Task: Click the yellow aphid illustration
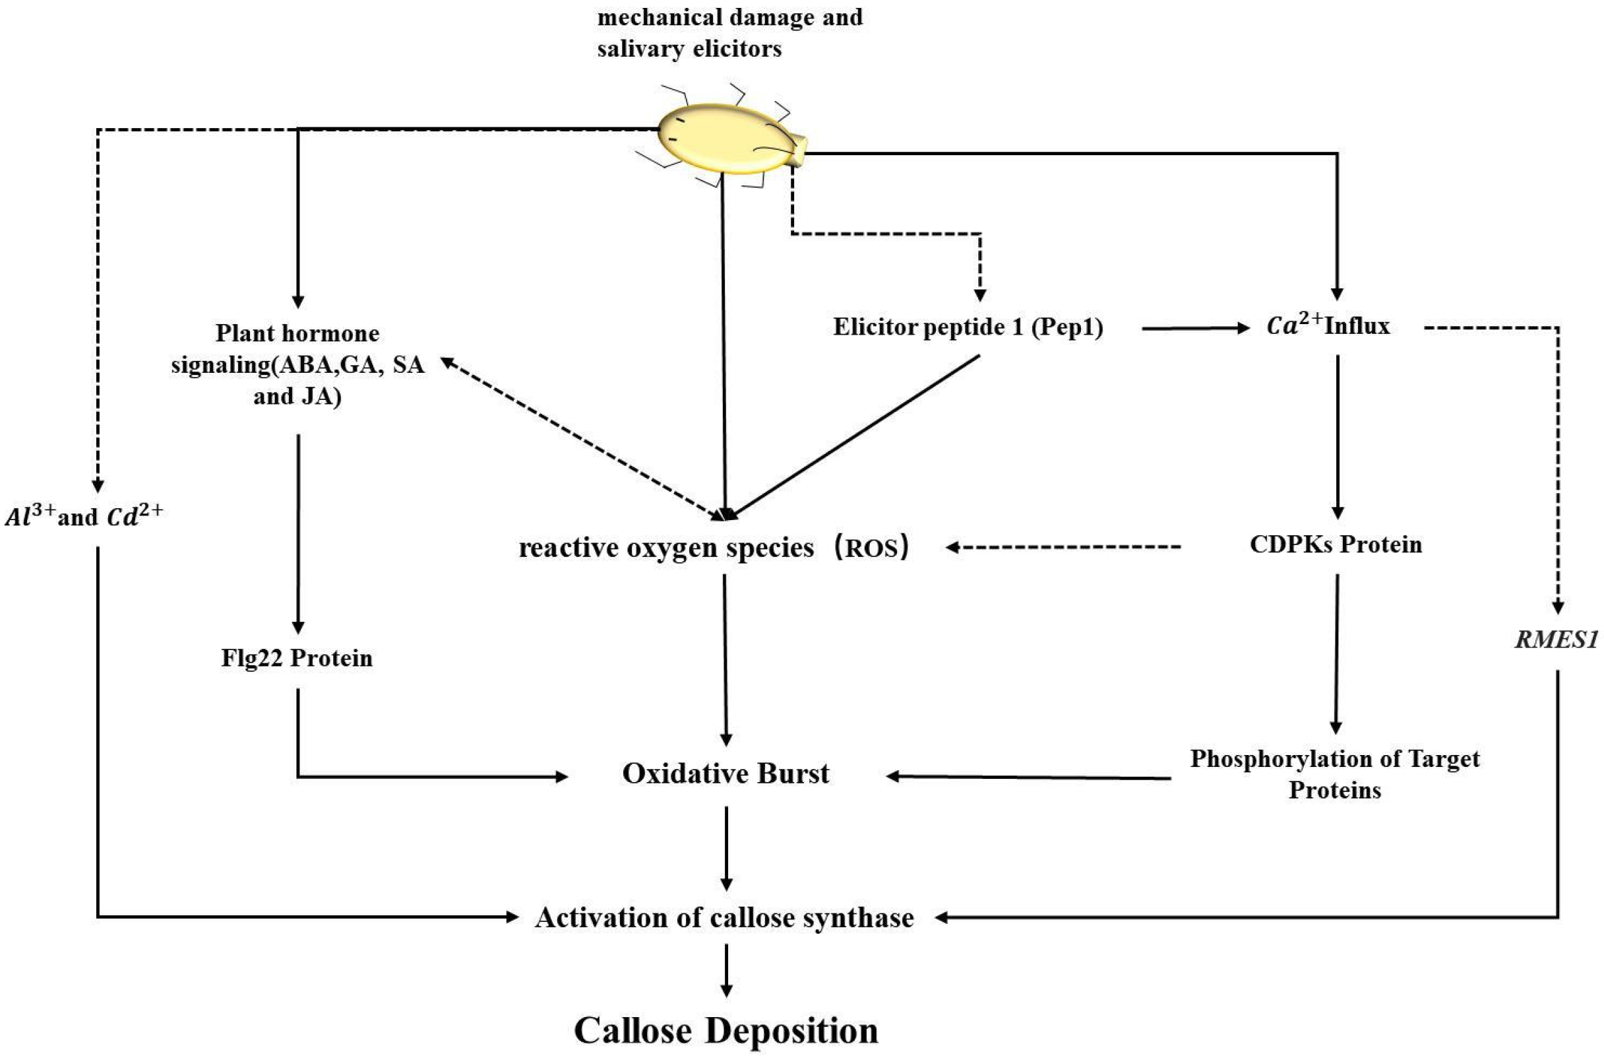[728, 139]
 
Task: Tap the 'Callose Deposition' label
[726, 1030]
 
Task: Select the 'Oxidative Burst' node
[725, 774]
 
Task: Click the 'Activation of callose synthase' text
[725, 917]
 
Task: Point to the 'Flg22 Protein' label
[297, 658]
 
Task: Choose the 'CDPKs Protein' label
[1336, 545]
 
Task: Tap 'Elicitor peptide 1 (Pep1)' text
[968, 327]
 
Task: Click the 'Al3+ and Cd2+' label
[84, 516]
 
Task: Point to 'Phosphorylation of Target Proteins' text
[1334, 774]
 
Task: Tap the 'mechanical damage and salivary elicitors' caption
[729, 32]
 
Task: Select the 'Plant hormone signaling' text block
[297, 364]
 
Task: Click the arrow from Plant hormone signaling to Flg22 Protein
[298, 533]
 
